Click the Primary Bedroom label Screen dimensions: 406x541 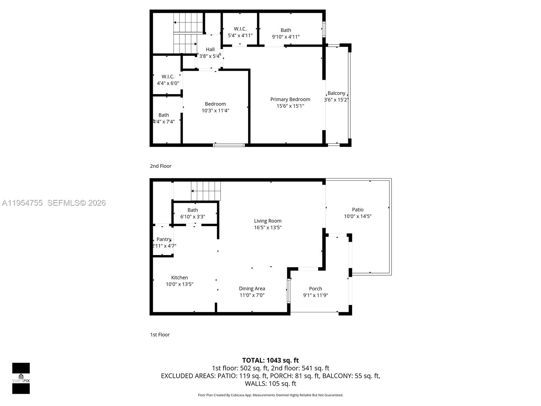coord(290,99)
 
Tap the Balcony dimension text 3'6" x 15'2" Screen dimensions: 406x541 coord(336,100)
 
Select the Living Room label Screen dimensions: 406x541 coord(267,221)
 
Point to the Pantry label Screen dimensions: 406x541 coord(164,239)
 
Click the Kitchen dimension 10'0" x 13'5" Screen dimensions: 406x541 coord(179,284)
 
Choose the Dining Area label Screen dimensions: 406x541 coord(252,289)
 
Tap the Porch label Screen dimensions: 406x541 coord(315,289)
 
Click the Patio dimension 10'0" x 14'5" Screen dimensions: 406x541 coord(357,216)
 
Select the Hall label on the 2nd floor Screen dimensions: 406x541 coord(210,49)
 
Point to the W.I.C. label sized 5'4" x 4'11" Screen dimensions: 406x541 coord(240,29)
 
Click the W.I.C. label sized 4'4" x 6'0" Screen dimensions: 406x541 coord(168,76)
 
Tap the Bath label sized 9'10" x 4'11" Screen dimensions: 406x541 coord(286,30)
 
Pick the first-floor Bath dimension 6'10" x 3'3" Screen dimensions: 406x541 coord(192,217)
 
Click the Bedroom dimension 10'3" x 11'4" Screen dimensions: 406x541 coord(215,111)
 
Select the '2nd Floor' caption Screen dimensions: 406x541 coord(161,166)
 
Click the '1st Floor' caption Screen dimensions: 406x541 coord(160,335)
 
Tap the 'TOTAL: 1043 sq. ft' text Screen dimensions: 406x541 coord(270,360)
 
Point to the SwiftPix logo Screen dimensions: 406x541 coord(21,378)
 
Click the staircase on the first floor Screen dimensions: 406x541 coord(206,191)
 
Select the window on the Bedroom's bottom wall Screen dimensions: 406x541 coord(229,145)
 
